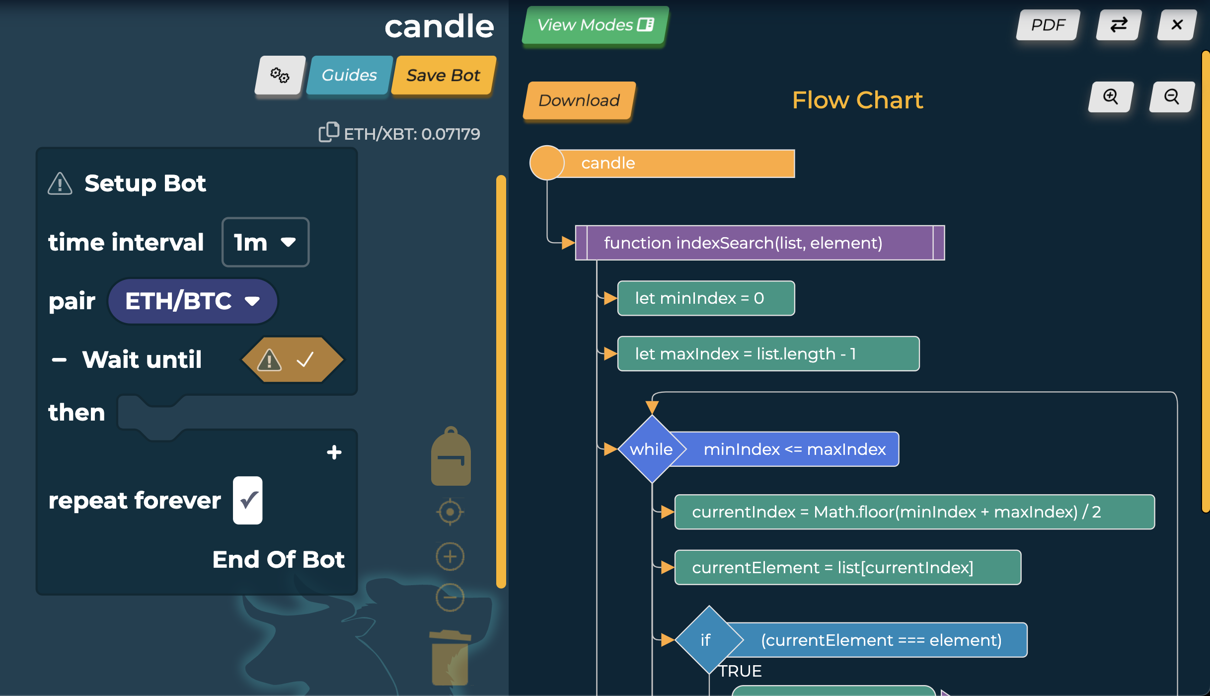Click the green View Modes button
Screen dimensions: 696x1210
coord(595,25)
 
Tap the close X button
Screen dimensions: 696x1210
coord(1176,25)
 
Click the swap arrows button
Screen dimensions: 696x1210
coord(1119,25)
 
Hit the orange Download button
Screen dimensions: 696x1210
coord(579,100)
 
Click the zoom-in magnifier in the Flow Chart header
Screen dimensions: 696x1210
coord(1111,97)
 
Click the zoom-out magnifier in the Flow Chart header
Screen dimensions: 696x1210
coord(1172,97)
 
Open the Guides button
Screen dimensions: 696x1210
coord(349,75)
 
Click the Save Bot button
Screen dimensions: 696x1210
coord(443,75)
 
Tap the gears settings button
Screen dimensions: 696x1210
coord(280,75)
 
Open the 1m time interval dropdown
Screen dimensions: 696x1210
coord(265,243)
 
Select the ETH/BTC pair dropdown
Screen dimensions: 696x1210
coord(192,301)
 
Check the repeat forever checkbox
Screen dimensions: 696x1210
coord(248,500)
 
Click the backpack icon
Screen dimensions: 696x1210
coord(451,457)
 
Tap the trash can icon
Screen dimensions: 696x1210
coord(450,658)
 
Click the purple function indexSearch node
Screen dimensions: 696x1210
coord(759,243)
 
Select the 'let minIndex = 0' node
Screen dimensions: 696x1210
coord(705,298)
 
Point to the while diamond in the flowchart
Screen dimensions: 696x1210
coord(651,449)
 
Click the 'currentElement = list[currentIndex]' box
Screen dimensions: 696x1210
coord(847,568)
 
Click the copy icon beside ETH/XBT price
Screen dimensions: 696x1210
coord(328,132)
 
